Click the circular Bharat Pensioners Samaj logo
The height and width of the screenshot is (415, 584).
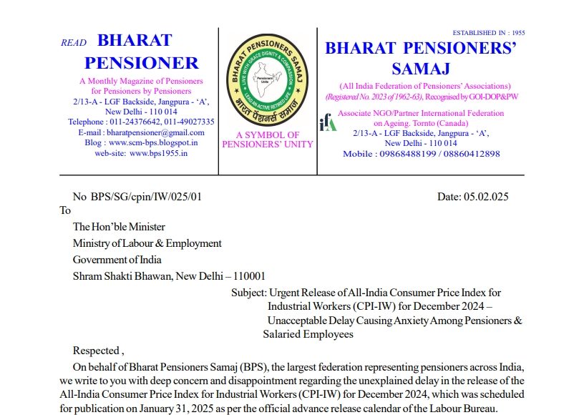[268, 79]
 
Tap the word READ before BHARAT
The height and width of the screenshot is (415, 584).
[74, 43]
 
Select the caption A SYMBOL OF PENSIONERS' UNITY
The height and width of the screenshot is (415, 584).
[268, 139]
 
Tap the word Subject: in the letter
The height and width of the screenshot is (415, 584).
[248, 293]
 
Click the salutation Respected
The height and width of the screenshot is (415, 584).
[97, 351]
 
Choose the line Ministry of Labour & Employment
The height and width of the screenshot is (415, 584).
[147, 243]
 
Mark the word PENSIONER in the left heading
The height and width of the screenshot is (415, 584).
[147, 62]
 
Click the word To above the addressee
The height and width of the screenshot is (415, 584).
[65, 210]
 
